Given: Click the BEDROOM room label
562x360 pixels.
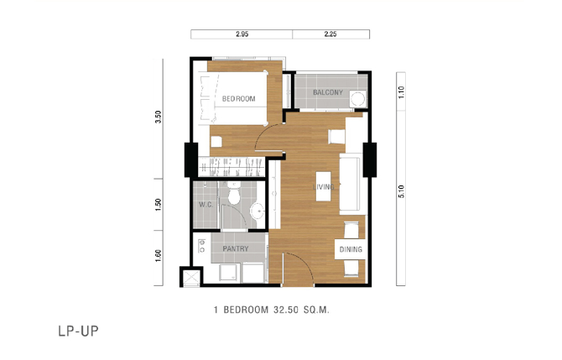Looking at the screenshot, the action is point(239,99).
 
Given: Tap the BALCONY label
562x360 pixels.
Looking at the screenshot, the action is point(328,92).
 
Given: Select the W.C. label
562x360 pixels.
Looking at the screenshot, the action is point(206,205).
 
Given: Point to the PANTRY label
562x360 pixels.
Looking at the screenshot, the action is point(236,248).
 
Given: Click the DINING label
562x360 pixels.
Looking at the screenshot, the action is point(351,249).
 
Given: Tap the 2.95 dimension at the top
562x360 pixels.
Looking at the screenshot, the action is point(242,34).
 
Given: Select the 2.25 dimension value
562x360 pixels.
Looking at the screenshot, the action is point(330,34).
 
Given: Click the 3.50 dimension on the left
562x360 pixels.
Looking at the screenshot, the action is point(159,117).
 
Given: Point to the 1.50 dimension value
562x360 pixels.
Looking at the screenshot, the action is point(159,205).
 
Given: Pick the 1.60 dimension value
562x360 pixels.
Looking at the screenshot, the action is point(159,256).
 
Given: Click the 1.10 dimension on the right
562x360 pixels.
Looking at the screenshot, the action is point(401,92).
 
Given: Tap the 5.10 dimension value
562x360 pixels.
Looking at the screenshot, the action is point(401,191).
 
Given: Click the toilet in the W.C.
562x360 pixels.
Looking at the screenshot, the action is point(234,194).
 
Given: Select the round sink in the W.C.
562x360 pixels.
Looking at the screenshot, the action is point(258,211).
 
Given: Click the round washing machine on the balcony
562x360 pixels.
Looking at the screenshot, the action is point(357,99).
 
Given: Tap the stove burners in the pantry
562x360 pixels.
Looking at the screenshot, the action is point(202,246).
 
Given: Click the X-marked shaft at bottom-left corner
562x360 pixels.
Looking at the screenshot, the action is point(191,277).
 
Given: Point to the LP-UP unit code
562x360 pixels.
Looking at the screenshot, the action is point(79,331).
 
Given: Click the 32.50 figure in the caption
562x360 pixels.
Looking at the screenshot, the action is point(286,310).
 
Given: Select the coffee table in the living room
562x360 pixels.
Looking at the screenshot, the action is point(323,186).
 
